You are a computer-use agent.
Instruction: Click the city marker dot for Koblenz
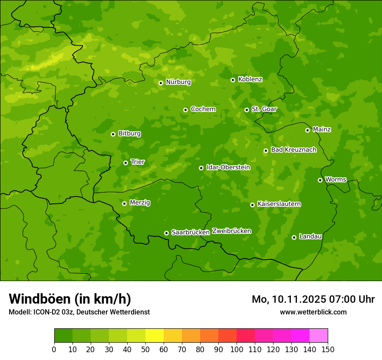point(233,80)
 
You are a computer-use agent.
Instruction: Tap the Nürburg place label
point(178,82)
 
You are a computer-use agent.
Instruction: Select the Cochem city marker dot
point(185,110)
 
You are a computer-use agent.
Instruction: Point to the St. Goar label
point(264,109)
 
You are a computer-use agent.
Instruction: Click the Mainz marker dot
point(307,130)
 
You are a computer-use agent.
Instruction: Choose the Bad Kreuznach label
point(293,150)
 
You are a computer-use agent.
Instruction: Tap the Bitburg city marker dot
point(113,134)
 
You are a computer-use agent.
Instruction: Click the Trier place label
point(138,162)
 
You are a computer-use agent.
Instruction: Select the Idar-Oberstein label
point(228,167)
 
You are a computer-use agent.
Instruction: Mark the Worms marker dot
point(320,180)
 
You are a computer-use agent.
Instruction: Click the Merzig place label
point(140,203)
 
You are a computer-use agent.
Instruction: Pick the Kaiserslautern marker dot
point(252,205)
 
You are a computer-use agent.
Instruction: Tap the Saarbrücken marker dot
point(166,233)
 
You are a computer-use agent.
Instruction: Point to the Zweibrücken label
point(231,231)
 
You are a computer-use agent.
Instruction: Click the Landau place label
point(310,236)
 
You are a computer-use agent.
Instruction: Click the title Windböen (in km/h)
point(70,299)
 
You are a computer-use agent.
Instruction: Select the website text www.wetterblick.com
point(313,312)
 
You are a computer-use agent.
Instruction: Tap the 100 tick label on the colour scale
point(237,349)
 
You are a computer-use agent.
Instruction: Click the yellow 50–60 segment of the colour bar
point(155,336)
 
